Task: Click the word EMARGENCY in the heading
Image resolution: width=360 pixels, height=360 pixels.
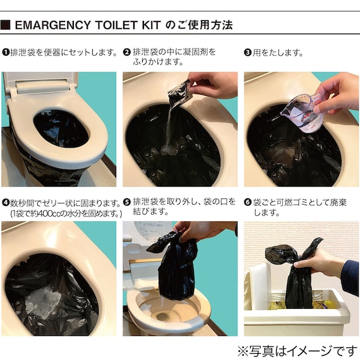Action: coord(52,25)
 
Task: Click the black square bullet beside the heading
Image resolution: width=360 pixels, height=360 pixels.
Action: coord(5,25)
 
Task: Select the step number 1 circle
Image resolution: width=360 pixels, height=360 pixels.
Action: coord(6,52)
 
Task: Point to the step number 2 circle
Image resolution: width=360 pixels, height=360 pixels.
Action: coord(127,52)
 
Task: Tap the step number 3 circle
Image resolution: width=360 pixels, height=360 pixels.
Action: coord(248,52)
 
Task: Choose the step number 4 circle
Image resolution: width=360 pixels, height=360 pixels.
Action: coord(6,203)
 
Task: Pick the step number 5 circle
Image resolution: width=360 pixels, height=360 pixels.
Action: coord(127,202)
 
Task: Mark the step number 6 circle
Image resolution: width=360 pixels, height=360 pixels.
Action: coord(248,202)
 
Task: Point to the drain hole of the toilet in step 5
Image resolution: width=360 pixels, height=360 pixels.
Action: coord(162,317)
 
